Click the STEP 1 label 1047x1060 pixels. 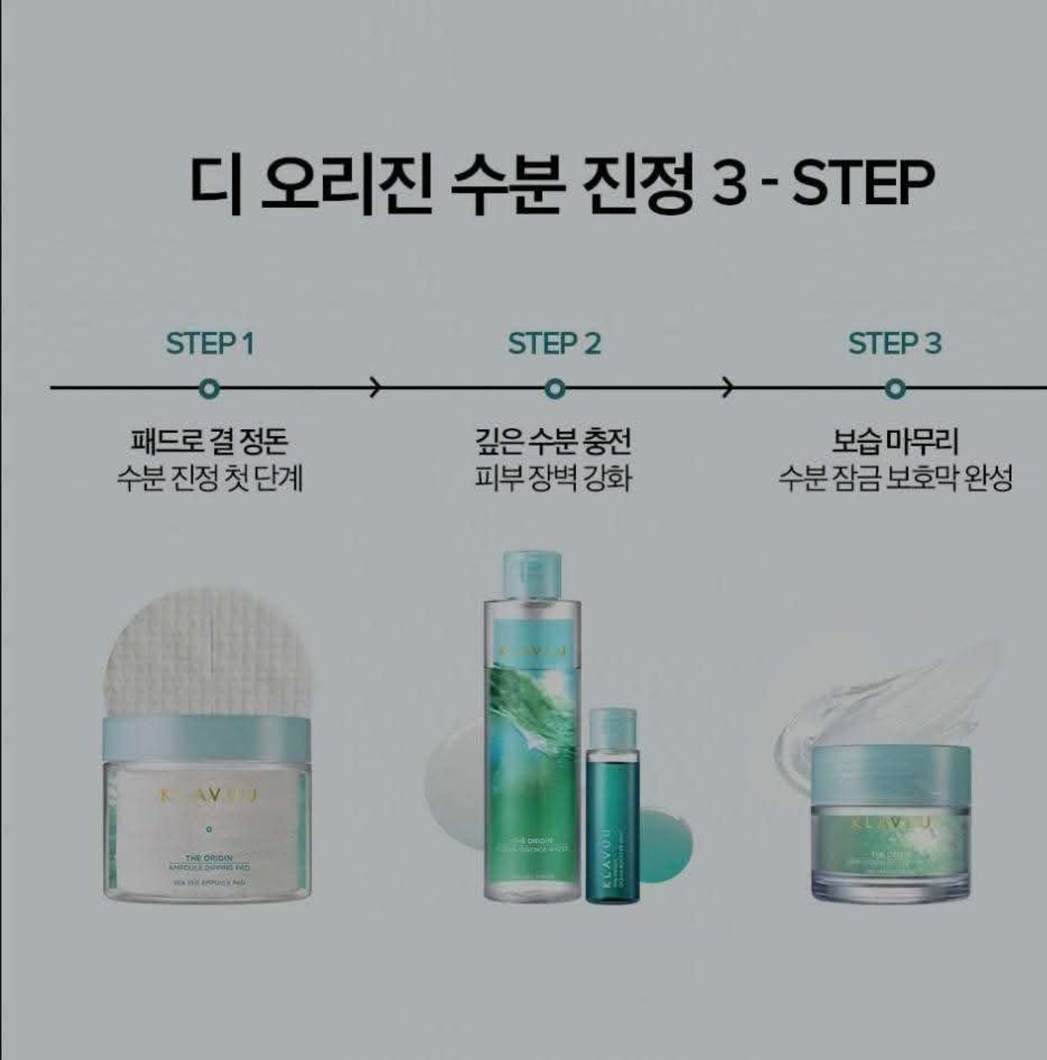[209, 344]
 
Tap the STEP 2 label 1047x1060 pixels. [554, 344]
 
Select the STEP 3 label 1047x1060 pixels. [895, 344]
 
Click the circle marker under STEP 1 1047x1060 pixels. [209, 388]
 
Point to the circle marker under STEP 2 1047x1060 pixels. [554, 388]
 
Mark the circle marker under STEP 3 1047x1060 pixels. [895, 388]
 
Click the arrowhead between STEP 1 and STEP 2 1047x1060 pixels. [376, 387]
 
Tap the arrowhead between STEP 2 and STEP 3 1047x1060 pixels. [727, 387]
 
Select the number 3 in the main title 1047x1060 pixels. [730, 183]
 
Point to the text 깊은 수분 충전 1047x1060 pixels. [553, 441]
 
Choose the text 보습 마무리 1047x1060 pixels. [895, 441]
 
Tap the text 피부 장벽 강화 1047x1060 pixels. [553, 479]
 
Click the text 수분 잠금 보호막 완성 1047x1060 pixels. [895, 479]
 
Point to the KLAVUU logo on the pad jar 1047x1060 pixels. [208, 796]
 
